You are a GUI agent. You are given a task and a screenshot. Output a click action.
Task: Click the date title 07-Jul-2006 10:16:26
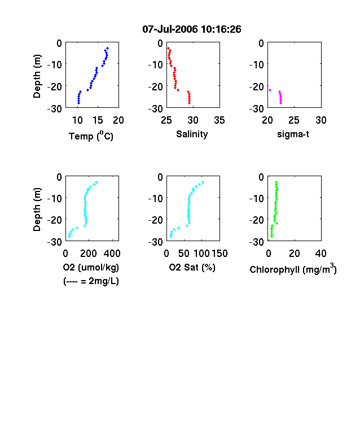192,29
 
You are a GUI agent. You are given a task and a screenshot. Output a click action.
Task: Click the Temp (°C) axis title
91,136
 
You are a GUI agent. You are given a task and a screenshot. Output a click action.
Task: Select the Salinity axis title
192,134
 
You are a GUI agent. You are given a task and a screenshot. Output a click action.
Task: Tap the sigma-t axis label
293,134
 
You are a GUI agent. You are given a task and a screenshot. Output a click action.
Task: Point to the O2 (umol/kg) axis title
91,267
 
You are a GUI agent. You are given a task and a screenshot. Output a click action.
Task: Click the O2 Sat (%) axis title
192,267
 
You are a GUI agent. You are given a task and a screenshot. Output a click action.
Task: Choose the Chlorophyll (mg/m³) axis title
293,268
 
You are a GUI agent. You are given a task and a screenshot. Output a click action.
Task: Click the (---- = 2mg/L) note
91,281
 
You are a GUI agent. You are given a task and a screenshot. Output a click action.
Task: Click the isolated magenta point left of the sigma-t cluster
270,90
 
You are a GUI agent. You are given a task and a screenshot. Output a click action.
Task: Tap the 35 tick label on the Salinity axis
219,120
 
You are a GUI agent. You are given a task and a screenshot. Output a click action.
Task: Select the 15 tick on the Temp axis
98,120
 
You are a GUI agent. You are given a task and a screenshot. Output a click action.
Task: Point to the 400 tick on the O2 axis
112,253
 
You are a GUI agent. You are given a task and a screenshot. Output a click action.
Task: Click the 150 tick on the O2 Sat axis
219,253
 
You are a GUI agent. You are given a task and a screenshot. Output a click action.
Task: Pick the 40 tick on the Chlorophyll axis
321,253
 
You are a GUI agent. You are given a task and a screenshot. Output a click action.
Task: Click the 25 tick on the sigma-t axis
294,120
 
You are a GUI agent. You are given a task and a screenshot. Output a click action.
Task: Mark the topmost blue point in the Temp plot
107,48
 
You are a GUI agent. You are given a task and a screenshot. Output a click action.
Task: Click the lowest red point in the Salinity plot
190,103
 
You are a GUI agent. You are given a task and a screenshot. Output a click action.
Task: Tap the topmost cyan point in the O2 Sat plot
203,182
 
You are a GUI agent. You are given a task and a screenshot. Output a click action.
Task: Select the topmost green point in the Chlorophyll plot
276,182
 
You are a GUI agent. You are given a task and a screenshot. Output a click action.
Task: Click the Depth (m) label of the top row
37,76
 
